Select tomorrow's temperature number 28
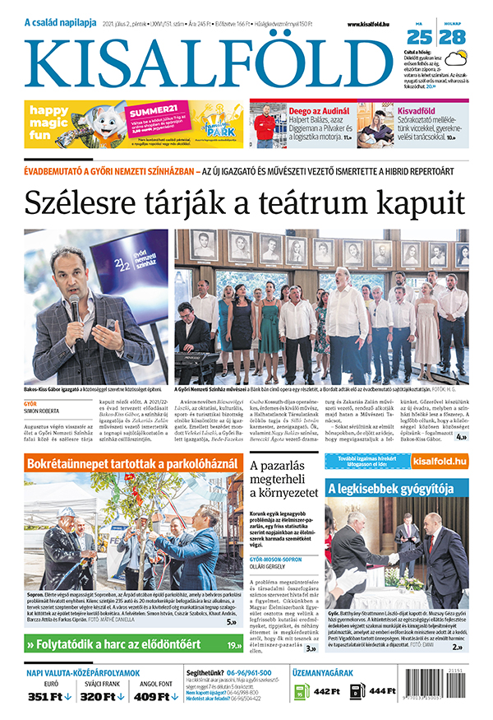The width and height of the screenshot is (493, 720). pos(452,36)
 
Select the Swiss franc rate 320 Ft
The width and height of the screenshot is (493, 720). pos(103,697)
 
